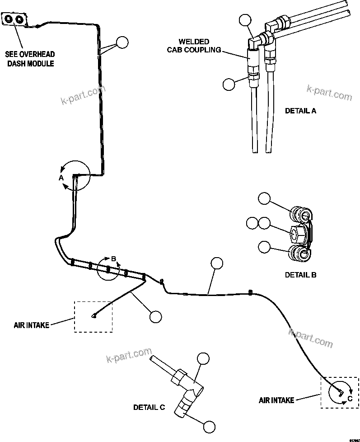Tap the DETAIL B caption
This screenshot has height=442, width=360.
pyautogui.click(x=300, y=274)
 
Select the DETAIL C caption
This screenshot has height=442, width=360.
pyautogui.click(x=149, y=407)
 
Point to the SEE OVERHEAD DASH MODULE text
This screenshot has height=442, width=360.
pyautogui.click(x=30, y=59)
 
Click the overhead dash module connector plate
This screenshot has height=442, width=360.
pyautogui.click(x=15, y=19)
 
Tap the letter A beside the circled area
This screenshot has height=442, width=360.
pyautogui.click(x=61, y=178)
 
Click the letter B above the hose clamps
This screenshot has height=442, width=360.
pyautogui.click(x=114, y=259)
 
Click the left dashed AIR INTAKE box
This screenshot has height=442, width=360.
pyautogui.click(x=94, y=316)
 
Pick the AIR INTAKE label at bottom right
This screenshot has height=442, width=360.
pyautogui.click(x=276, y=400)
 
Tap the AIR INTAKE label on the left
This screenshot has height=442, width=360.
pyautogui.click(x=31, y=324)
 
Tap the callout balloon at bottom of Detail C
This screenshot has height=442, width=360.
pyautogui.click(x=209, y=426)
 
